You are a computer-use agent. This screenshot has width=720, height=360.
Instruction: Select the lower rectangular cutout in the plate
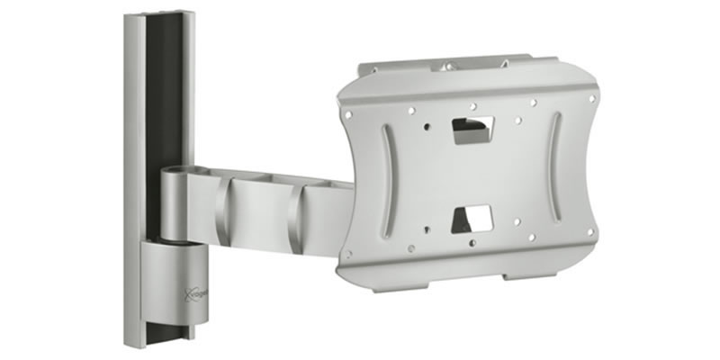[x=473, y=217]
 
